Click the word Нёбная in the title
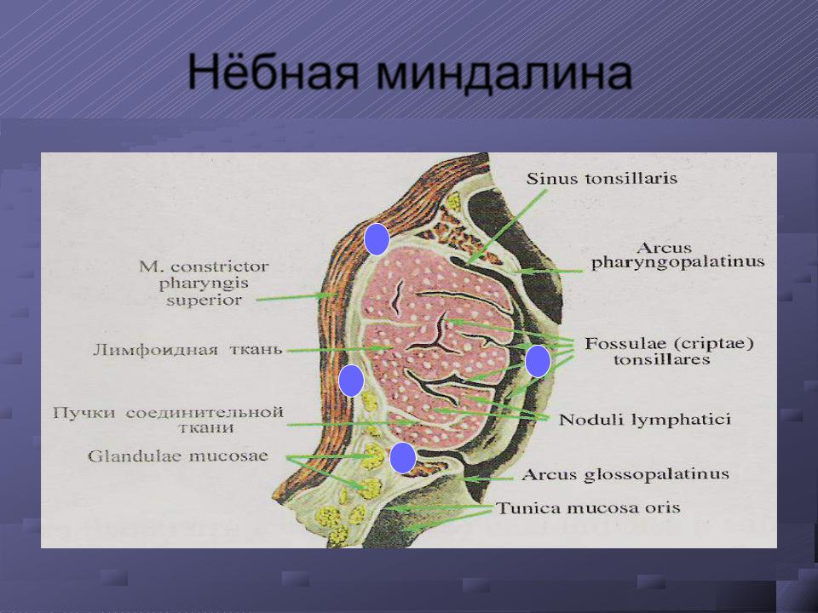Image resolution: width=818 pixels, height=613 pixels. pyautogui.click(x=274, y=72)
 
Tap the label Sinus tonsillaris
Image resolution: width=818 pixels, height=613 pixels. pyautogui.click(x=602, y=178)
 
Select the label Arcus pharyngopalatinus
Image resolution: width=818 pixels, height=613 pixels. pyautogui.click(x=677, y=255)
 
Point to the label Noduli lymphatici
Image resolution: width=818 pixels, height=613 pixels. pyautogui.click(x=645, y=420)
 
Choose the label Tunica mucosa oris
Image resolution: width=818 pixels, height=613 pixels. pyautogui.click(x=588, y=508)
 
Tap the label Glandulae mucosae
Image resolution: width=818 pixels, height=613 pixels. pyautogui.click(x=178, y=456)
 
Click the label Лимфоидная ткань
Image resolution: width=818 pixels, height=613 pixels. pyautogui.click(x=187, y=350)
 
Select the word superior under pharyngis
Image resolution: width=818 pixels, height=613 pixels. pyautogui.click(x=204, y=301)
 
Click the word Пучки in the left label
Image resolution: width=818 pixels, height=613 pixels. pyautogui.click(x=84, y=413)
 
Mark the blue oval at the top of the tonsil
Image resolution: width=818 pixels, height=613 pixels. pyautogui.click(x=377, y=239)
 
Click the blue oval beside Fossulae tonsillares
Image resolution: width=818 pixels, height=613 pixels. pyautogui.click(x=538, y=361)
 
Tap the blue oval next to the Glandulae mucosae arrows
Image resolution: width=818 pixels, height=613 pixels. pyautogui.click(x=403, y=458)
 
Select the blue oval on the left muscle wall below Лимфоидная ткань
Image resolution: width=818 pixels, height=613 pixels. pyautogui.click(x=351, y=381)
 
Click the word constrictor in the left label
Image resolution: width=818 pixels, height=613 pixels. pyautogui.click(x=220, y=267)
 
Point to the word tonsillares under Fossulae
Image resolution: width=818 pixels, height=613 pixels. pyautogui.click(x=661, y=359)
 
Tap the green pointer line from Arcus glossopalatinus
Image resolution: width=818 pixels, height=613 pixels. pyautogui.click(x=487, y=478)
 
